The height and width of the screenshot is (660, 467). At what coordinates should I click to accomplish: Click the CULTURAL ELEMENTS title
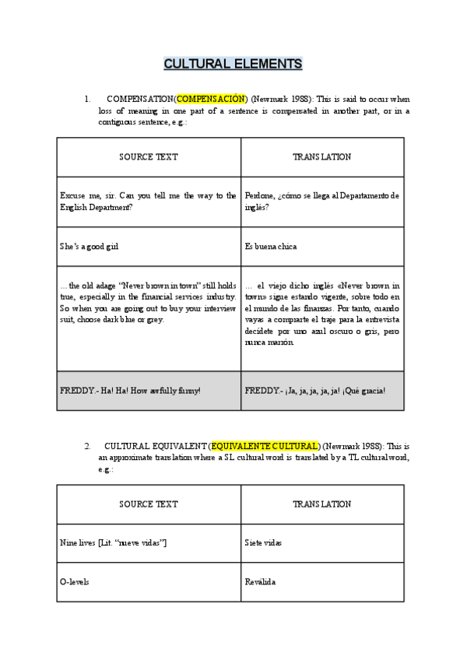click(x=233, y=64)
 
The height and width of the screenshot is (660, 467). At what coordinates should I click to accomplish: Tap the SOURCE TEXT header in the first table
click(x=148, y=156)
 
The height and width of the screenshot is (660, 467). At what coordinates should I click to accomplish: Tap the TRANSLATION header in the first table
click(x=321, y=156)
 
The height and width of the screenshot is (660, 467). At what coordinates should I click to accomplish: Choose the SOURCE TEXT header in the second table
click(x=148, y=504)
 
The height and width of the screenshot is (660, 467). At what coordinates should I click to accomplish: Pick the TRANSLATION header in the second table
click(x=321, y=504)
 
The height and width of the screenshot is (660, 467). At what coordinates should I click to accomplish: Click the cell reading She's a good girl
click(x=90, y=247)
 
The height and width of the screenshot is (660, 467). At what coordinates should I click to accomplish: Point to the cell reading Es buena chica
click(x=270, y=247)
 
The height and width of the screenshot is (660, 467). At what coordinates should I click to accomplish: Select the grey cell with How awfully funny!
click(x=130, y=390)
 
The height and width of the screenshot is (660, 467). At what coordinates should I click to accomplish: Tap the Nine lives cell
click(x=113, y=542)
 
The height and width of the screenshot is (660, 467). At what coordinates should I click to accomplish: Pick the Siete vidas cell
click(x=264, y=542)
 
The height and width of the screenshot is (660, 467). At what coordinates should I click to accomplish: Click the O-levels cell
click(x=74, y=581)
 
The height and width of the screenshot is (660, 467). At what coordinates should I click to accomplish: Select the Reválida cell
click(x=260, y=581)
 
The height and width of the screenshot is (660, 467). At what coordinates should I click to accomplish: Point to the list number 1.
click(x=87, y=100)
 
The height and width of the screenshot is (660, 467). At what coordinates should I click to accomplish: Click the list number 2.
click(x=87, y=446)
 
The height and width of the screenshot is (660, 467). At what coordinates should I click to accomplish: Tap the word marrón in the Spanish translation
click(x=280, y=342)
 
